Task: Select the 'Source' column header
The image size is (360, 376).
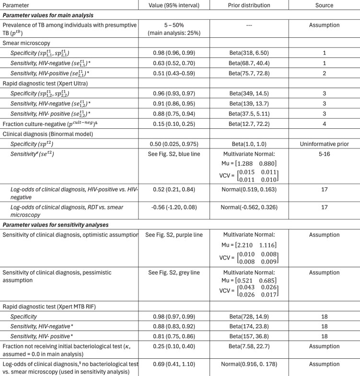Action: point(328,5)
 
